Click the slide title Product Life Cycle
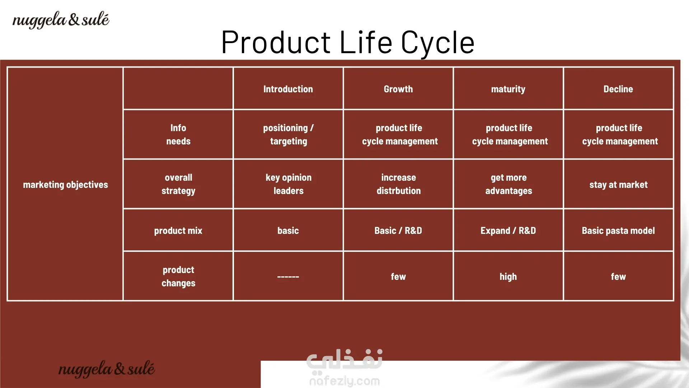(348, 42)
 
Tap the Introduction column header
(288, 89)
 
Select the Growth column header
(398, 89)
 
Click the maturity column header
(508, 89)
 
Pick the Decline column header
(618, 89)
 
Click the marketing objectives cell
(65, 185)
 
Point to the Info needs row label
(178, 134)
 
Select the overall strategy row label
(178, 184)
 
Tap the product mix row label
(178, 231)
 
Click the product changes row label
(178, 277)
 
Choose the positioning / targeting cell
(289, 135)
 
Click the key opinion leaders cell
(289, 184)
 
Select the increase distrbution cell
(399, 184)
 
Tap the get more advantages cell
(509, 184)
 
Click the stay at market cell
(619, 185)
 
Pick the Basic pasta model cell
(618, 231)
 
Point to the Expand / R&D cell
(508, 231)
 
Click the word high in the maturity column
(508, 277)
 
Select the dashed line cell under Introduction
(288, 277)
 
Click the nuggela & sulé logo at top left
(61, 20)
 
